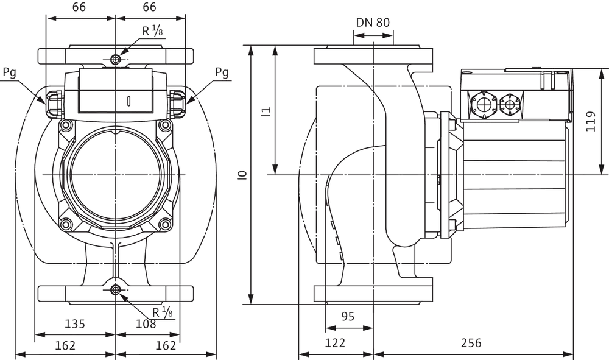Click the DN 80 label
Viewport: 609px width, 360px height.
pos(373,23)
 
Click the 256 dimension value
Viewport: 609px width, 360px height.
pos(471,343)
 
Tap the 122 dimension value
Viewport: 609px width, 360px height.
pos(335,343)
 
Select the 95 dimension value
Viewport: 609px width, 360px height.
pos(348,317)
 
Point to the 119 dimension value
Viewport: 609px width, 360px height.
pos(591,122)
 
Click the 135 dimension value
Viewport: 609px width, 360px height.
pos(74,323)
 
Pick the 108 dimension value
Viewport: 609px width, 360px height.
pos(146,323)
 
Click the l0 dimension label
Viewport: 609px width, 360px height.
pos(244,175)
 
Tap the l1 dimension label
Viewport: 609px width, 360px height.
pos(266,111)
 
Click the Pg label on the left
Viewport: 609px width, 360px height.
pos(9,72)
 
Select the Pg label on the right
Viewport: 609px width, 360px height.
pos(222,72)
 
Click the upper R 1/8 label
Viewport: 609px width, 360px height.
pos(152,30)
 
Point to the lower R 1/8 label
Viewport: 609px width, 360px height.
pos(162,312)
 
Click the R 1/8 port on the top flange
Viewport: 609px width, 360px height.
pos(115,60)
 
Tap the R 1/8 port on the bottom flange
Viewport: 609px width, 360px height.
pos(115,290)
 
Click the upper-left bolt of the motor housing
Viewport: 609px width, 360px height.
pos(66,125)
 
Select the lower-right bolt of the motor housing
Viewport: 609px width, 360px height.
pos(166,224)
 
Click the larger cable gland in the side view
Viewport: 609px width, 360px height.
pos(484,104)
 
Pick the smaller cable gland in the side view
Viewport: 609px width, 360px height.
pos(510,104)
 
